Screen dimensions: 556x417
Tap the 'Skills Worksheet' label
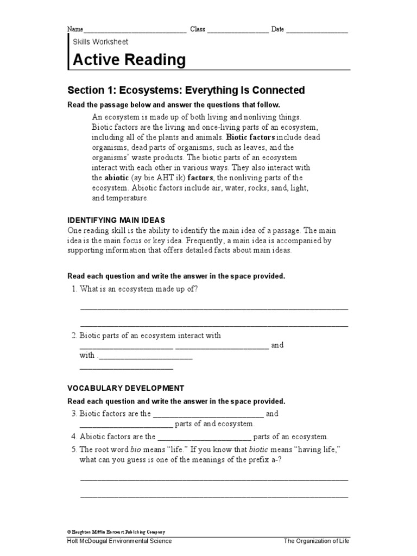[100, 41]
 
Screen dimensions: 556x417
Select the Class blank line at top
[237, 33]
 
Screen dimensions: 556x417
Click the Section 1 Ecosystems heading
[186, 90]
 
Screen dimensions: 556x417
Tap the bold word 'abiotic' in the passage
[116, 178]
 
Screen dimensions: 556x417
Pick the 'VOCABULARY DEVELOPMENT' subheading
[125, 388]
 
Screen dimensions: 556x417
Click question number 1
[74, 289]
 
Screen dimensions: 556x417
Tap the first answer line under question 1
[214, 308]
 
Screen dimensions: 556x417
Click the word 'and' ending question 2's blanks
[277, 345]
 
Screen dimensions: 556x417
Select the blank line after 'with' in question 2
[145, 358]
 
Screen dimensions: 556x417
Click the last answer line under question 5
[214, 496]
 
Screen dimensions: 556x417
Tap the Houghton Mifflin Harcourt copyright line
[116, 532]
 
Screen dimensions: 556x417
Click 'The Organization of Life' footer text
[316, 541]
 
